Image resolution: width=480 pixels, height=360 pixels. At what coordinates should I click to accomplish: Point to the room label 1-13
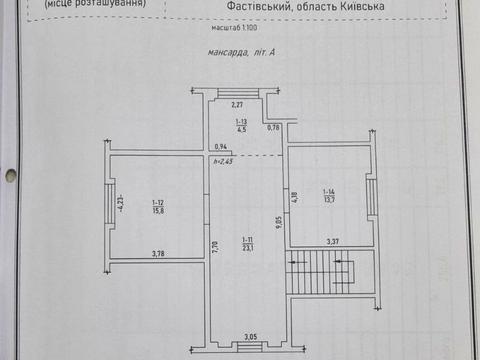click(x=241, y=125)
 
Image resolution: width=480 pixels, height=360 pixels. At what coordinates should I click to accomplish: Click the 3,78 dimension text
click(x=158, y=254)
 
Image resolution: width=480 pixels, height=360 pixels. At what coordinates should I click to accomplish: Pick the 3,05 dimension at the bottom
click(x=249, y=336)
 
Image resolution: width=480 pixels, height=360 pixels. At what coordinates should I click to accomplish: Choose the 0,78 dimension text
click(x=273, y=127)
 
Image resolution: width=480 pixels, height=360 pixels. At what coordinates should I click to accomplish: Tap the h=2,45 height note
click(x=222, y=160)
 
